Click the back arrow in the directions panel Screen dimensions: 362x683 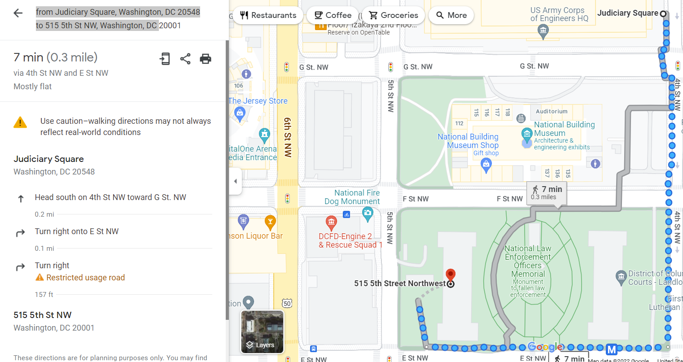18,13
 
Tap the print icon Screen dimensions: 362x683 206,59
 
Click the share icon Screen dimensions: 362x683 185,59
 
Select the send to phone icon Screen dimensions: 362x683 165,59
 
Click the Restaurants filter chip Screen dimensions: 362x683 268,15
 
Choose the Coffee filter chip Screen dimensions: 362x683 333,15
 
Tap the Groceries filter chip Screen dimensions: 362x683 393,15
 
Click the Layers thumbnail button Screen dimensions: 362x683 262,332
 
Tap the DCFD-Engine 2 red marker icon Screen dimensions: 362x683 331,222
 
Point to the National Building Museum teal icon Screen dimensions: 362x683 526,133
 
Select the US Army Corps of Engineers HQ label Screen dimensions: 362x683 559,14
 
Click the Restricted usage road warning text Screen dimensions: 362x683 85,278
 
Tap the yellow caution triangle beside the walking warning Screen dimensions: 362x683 20,122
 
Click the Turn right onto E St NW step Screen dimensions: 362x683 77,231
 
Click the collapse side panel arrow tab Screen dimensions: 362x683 235,181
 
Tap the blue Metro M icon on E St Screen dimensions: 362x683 612,349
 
